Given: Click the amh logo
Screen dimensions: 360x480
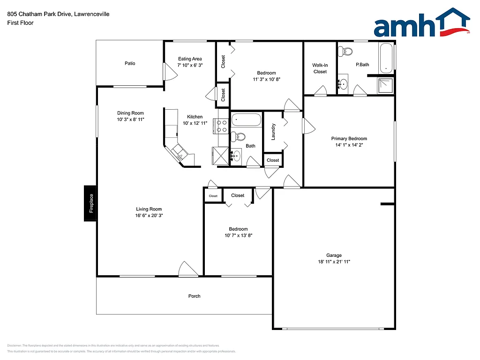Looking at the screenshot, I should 421,23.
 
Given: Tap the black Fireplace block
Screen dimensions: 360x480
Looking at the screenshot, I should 91,203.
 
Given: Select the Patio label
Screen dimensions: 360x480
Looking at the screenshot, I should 130,63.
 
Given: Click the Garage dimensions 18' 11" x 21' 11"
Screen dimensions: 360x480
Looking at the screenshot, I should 334,262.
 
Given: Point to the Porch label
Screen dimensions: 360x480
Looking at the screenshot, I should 194,296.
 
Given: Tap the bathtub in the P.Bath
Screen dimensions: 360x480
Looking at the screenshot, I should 386,59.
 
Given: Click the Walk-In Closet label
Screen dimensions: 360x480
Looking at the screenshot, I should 320,68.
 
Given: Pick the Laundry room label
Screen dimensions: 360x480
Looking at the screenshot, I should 273,132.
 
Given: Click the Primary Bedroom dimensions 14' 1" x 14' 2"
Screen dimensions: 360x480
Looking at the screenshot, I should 349,145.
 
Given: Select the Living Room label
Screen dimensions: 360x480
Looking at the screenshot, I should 149,209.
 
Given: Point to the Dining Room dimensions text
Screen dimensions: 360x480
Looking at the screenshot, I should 130,120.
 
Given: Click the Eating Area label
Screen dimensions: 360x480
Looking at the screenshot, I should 190,59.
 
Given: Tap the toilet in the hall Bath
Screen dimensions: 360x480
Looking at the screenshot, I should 239,137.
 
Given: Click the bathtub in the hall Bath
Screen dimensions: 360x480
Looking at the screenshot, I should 246,120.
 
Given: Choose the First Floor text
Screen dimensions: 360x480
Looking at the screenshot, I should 20,22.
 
